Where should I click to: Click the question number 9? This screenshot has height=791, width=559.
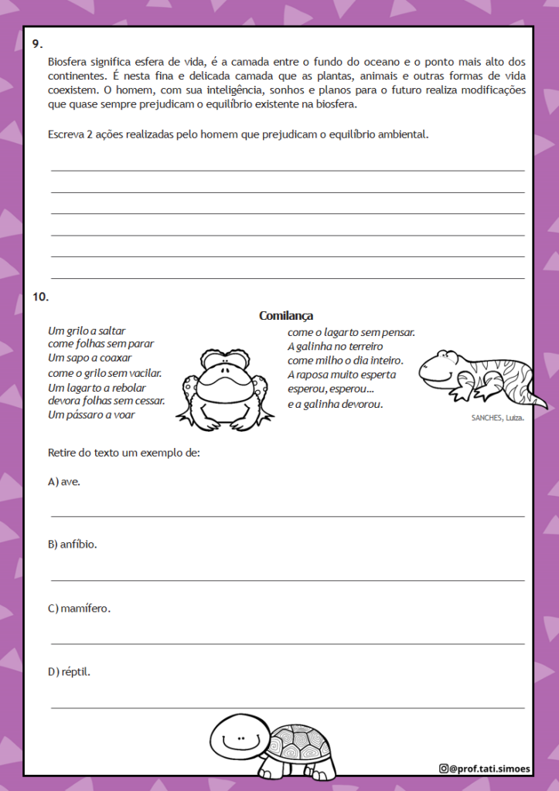pyautogui.click(x=37, y=44)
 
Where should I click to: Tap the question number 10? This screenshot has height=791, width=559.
pyautogui.click(x=40, y=296)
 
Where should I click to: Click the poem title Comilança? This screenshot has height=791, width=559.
pyautogui.click(x=286, y=315)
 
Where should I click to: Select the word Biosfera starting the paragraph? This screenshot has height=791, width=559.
pyautogui.click(x=69, y=60)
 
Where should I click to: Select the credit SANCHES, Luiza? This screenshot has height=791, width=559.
pyautogui.click(x=497, y=418)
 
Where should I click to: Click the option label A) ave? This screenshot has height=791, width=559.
pyautogui.click(x=64, y=481)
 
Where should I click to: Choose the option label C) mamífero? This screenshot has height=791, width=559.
pyautogui.click(x=79, y=609)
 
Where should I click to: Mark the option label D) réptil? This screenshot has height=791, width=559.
pyautogui.click(x=69, y=672)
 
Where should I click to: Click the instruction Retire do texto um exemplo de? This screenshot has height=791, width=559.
pyautogui.click(x=124, y=452)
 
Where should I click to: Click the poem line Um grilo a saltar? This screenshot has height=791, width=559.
pyautogui.click(x=86, y=331)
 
